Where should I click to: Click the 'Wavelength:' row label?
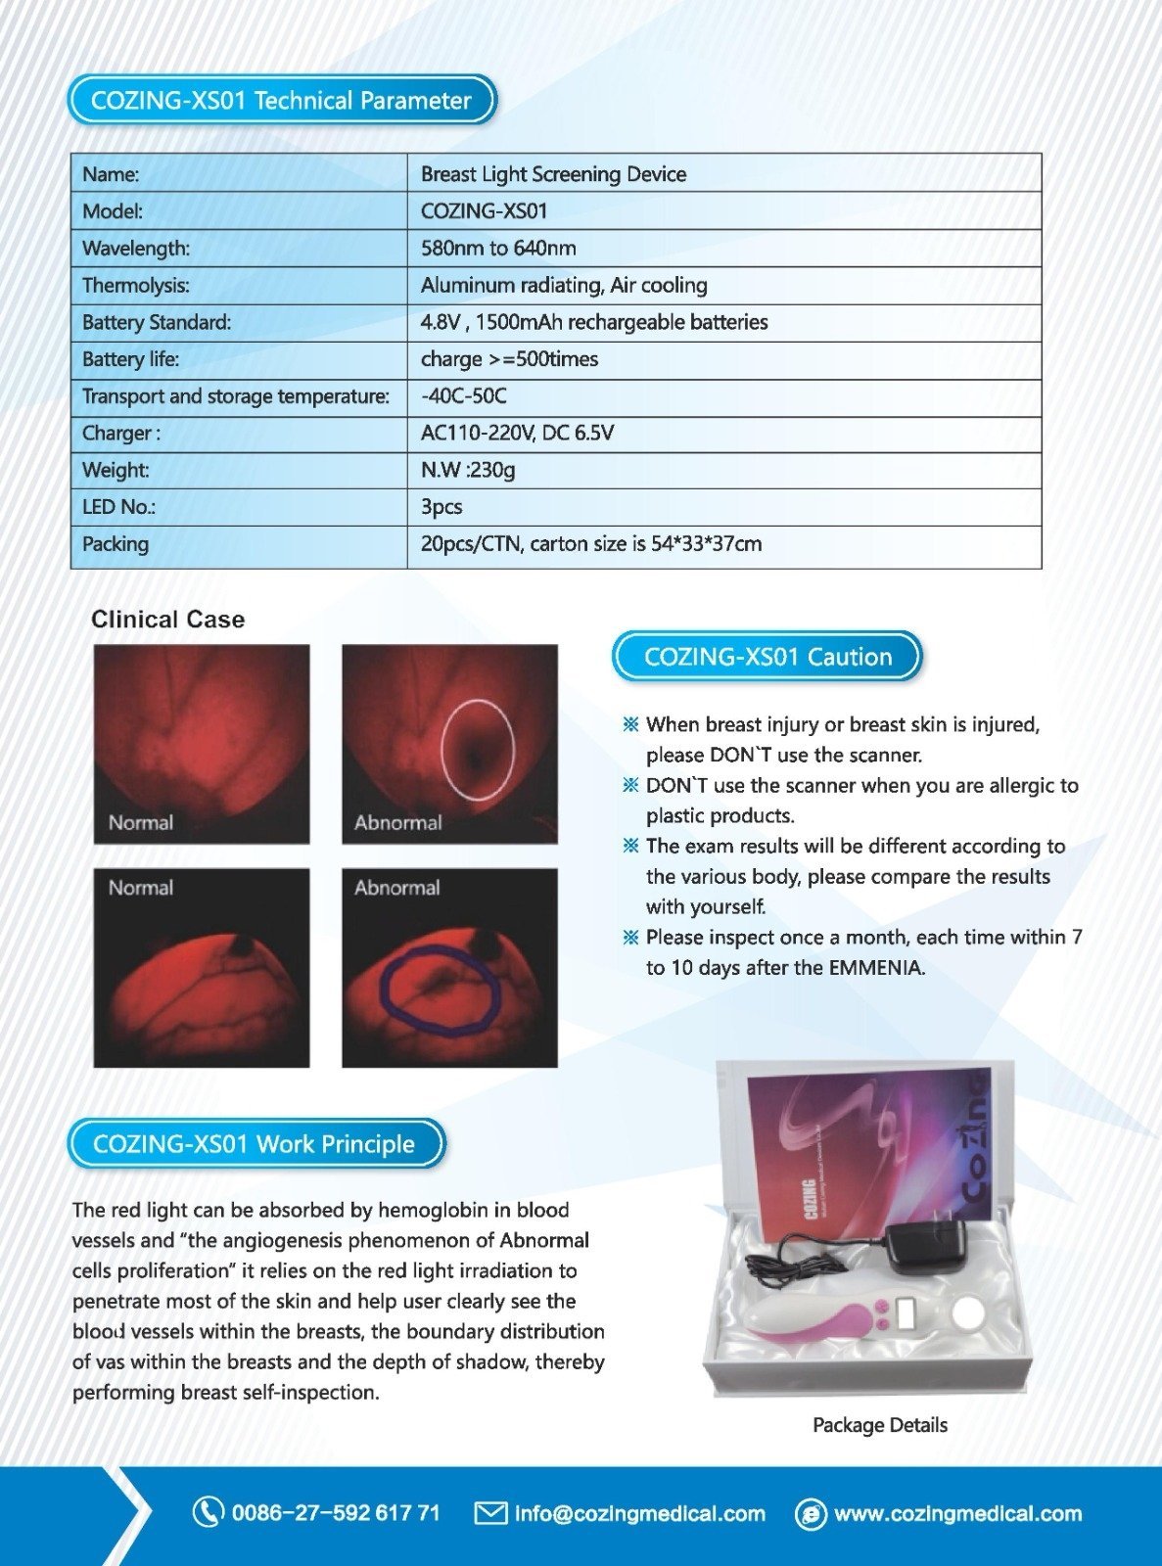tap(136, 249)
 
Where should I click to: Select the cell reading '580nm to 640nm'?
tap(498, 249)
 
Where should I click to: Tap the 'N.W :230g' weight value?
tap(468, 470)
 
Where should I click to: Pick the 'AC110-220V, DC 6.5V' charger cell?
tap(517, 433)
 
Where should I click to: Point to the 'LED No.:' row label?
tap(118, 507)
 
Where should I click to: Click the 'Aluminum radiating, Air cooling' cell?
tap(564, 286)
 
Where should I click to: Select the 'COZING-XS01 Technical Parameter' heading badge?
tap(282, 101)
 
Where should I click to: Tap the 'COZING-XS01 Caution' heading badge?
tap(767, 657)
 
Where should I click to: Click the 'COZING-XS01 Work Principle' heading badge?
tap(255, 1144)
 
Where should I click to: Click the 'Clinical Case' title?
tap(167, 620)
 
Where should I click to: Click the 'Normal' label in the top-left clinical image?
tap(141, 822)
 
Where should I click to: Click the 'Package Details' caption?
tap(880, 1425)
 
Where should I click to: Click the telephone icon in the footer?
tap(207, 1512)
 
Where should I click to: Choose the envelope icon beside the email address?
tap(489, 1513)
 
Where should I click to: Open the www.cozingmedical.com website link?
tap(957, 1514)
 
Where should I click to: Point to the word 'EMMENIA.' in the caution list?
tap(875, 968)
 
